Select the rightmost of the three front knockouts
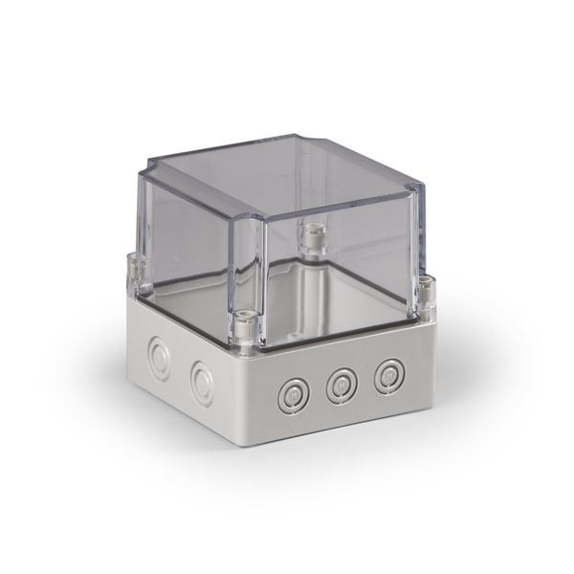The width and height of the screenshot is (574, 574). tap(387, 375)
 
